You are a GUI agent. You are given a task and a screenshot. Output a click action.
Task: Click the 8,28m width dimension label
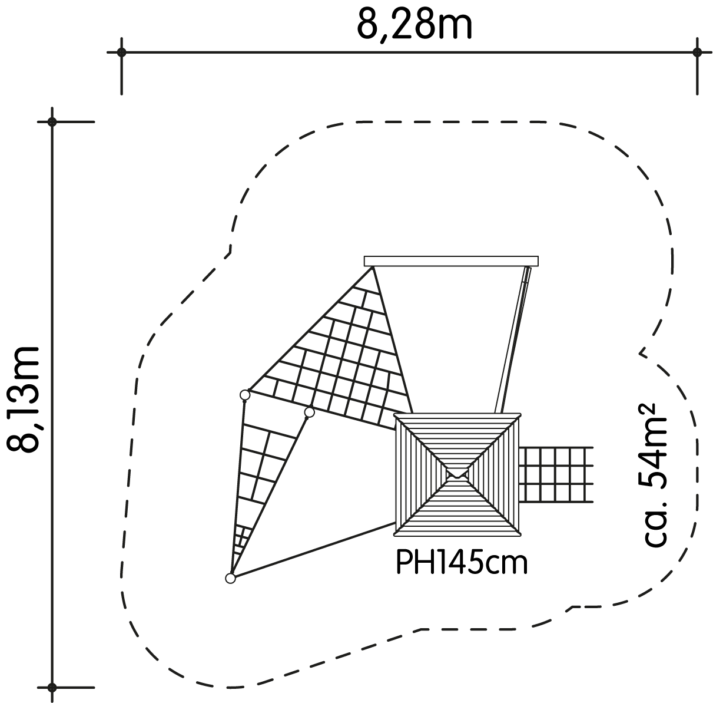point(414,25)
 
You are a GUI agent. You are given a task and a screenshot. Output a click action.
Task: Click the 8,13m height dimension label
point(23,400)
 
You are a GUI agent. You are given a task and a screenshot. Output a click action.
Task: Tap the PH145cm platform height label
point(462,563)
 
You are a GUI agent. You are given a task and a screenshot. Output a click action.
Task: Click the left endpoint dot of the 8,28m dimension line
point(121,52)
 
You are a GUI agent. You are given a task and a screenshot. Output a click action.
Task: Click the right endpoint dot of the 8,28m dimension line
point(697,52)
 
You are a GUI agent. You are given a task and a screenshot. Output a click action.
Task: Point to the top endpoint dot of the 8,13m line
point(52,121)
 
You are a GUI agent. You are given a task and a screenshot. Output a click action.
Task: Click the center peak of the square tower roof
point(457,474)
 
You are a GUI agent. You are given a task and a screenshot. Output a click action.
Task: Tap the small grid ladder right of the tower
point(556,474)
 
